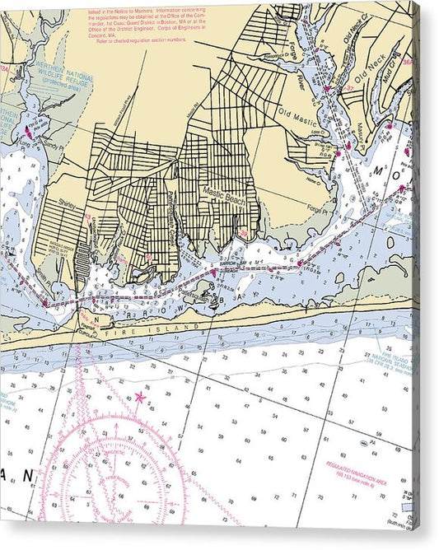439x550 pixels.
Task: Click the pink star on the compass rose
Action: pos(139,398)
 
